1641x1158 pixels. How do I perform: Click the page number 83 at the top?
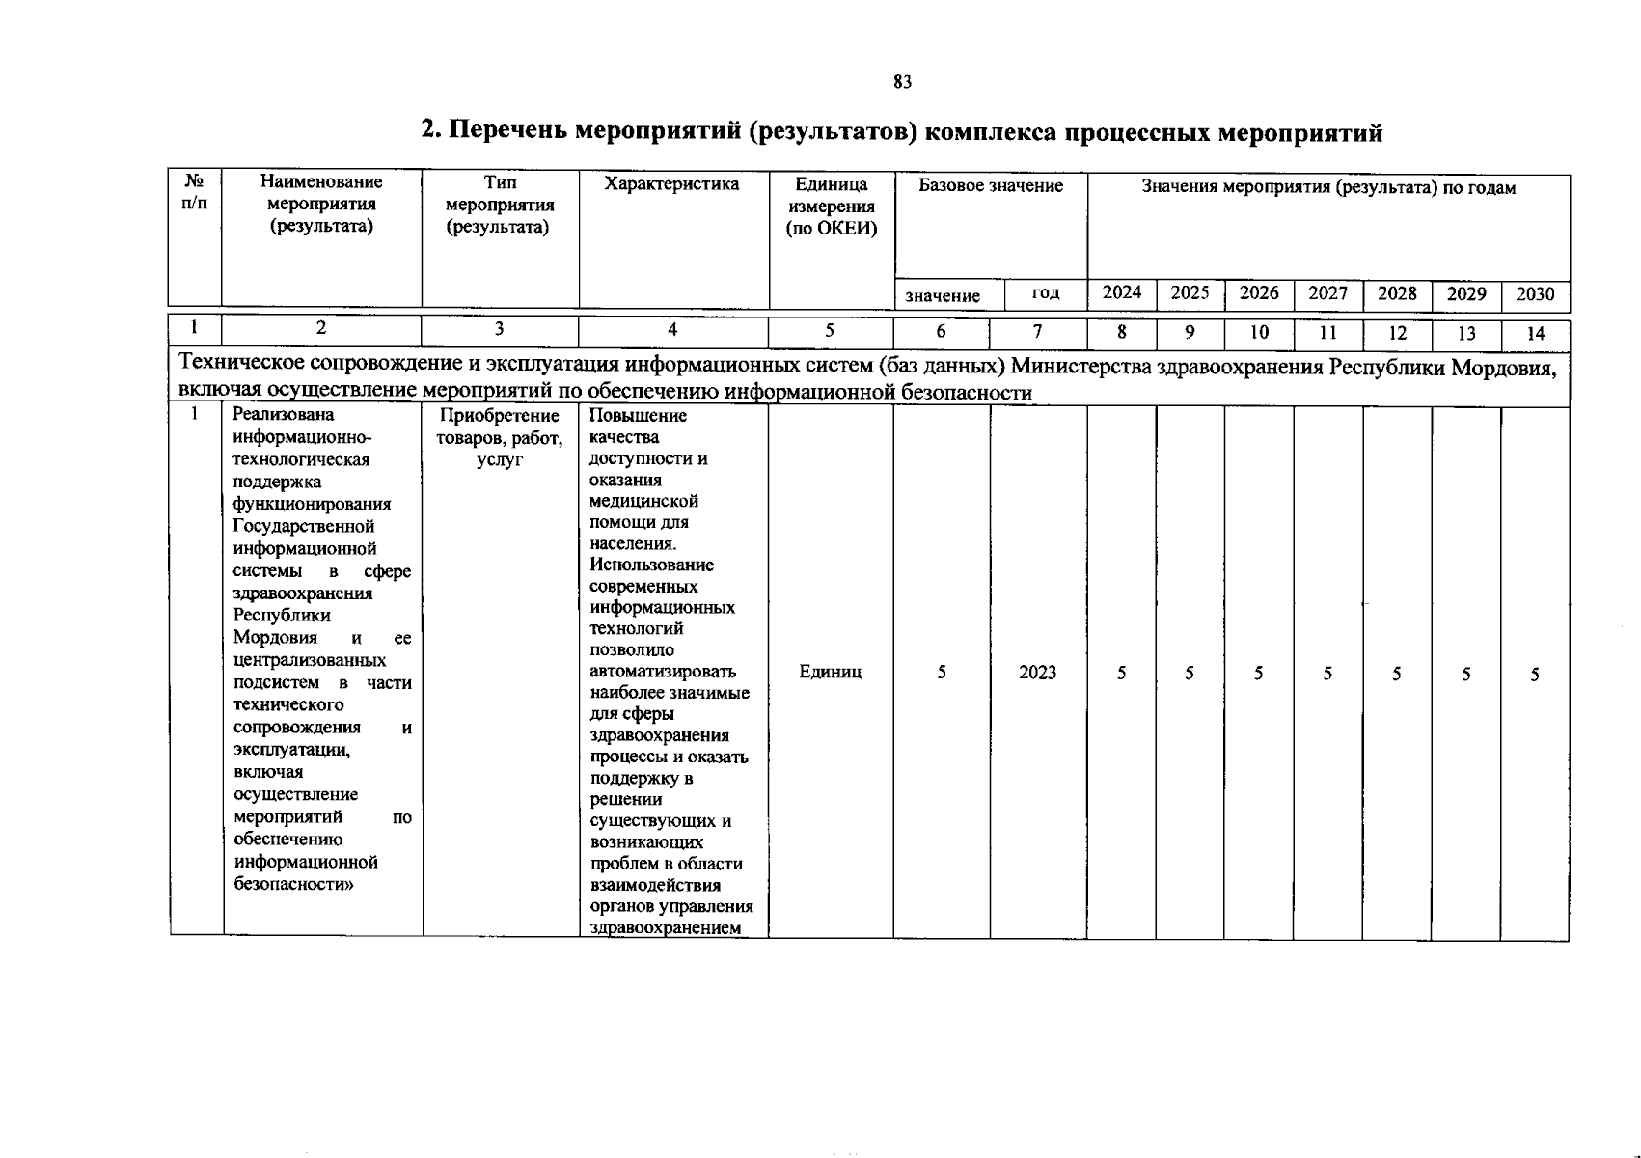902,83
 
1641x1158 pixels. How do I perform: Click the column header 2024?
1122,293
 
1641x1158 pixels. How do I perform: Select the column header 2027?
1327,293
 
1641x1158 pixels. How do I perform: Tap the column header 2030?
1535,294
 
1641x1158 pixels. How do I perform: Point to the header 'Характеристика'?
671,184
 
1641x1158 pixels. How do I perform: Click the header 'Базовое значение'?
991,186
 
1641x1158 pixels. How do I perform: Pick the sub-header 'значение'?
943,296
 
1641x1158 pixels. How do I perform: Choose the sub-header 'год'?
1046,292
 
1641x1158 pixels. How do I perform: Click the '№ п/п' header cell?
194,192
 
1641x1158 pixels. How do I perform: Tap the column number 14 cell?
1535,334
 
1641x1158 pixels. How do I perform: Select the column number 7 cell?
1037,332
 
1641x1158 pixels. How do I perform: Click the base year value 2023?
1037,673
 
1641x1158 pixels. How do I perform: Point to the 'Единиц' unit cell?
830,672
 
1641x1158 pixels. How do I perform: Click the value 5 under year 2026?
1259,675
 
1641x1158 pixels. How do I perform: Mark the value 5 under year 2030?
1534,675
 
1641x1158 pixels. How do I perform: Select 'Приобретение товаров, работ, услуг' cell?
499,438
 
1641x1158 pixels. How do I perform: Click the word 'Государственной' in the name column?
303,527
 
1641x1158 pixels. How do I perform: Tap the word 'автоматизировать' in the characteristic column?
662,672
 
